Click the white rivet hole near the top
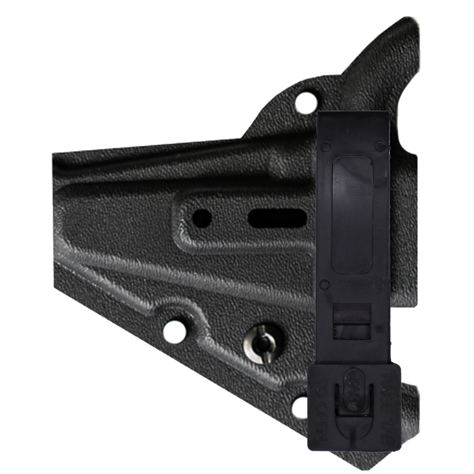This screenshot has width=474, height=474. pos(306,103)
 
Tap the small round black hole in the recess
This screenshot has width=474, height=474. pos(202,218)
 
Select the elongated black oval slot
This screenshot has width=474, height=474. pos(277,218)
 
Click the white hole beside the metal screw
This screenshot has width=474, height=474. pos(175,332)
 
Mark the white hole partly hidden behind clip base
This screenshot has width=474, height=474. pos(300,407)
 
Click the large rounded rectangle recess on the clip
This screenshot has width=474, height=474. pos(353,215)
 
